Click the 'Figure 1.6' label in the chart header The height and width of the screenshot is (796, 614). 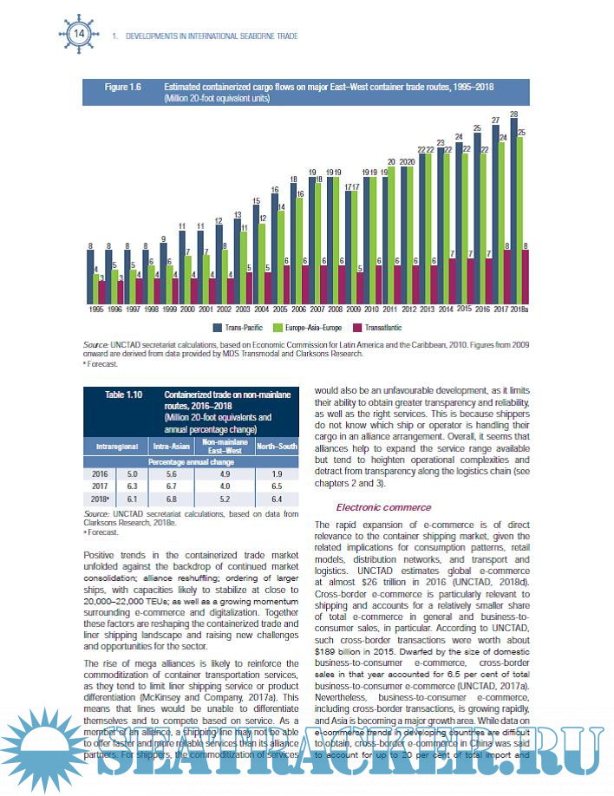click(123, 88)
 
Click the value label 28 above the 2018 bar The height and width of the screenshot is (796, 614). click(514, 114)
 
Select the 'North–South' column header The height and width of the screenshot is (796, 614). click(277, 447)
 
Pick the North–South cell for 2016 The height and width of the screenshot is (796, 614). click(277, 473)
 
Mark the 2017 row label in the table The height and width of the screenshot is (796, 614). click(100, 486)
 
